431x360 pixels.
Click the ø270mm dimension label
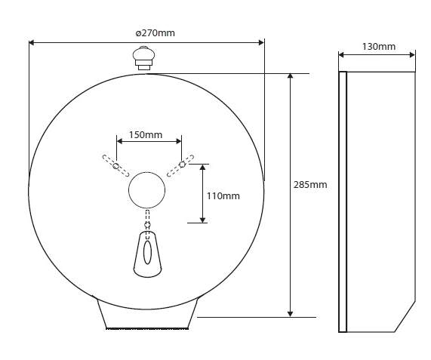pos(155,33)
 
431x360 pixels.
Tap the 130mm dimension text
pos(379,47)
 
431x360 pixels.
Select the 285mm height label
pos(310,184)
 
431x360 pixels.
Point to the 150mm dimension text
pos(146,134)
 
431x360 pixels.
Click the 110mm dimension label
pos(223,196)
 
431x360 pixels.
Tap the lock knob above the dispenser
pos(143,58)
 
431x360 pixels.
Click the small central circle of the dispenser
pos(146,190)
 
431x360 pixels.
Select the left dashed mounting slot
pos(115,166)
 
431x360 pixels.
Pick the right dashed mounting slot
pos(180,166)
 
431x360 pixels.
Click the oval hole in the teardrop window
pos(148,252)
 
